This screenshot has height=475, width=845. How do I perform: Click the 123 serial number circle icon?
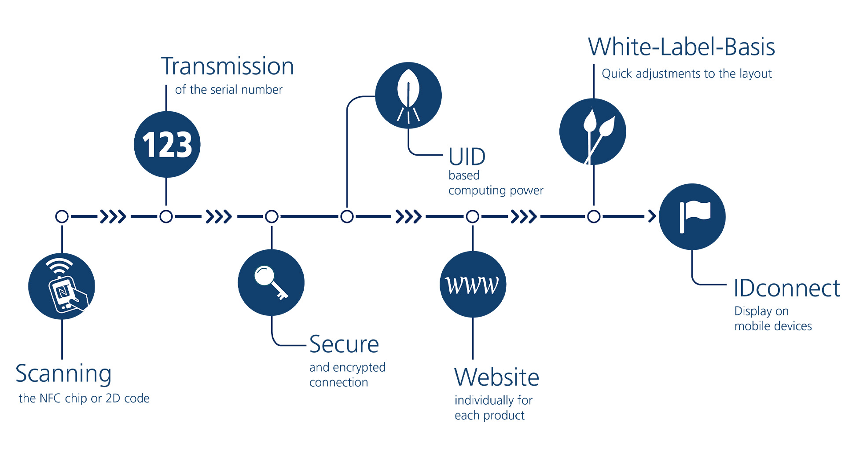[167, 145]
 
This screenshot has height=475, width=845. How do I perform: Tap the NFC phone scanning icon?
[62, 286]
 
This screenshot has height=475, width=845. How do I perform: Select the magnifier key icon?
[271, 282]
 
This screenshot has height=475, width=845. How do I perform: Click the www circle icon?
[473, 285]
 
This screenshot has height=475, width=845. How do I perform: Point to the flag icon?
[692, 217]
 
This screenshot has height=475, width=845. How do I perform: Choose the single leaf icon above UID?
[408, 95]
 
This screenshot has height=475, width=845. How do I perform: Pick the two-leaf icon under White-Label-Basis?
[593, 132]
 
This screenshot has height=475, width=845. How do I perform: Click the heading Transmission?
[228, 66]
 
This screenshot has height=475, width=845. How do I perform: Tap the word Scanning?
[63, 374]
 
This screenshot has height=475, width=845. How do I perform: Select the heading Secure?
[344, 344]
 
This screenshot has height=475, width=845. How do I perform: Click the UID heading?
[467, 157]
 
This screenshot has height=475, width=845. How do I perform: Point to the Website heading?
[496, 377]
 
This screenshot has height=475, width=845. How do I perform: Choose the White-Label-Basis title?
[681, 47]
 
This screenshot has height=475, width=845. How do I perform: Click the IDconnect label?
[786, 289]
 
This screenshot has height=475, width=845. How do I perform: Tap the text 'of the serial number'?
[228, 90]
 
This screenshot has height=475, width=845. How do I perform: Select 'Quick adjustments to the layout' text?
[687, 73]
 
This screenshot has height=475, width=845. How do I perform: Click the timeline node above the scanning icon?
[62, 216]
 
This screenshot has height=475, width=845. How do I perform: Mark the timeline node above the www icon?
[473, 216]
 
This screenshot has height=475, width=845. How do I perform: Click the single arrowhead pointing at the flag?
[652, 216]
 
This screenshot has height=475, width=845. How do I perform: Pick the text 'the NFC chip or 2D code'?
[84, 398]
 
